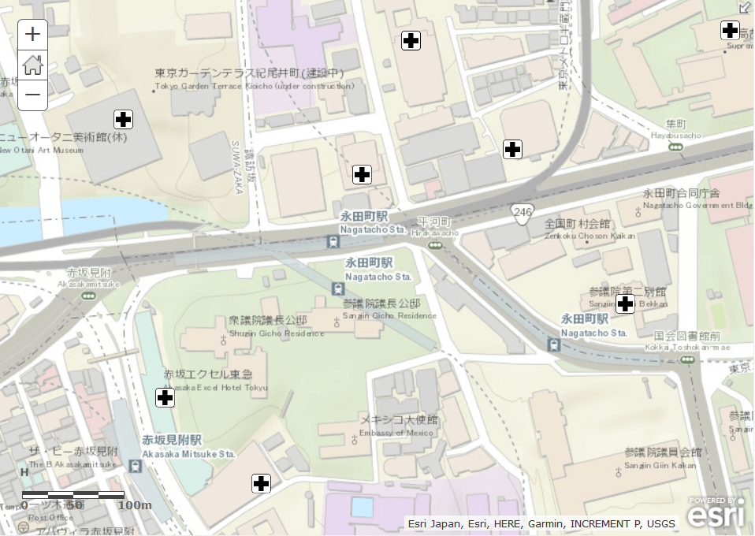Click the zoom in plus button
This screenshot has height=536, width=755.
32,35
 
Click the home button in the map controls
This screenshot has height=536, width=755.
32,65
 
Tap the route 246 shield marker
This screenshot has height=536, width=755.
522,212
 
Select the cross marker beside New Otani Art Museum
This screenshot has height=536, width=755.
123,120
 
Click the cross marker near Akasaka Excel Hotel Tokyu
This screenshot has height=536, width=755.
165,397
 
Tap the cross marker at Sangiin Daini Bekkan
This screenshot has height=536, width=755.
625,303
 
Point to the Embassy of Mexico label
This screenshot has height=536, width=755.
400,426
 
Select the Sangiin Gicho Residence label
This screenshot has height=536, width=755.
381,309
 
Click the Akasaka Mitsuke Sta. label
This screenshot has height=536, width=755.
188,447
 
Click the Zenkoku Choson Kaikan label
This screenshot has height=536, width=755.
578,229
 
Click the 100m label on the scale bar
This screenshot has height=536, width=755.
134,505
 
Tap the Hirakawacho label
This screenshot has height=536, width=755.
433,227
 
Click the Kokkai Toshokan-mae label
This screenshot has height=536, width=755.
687,341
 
